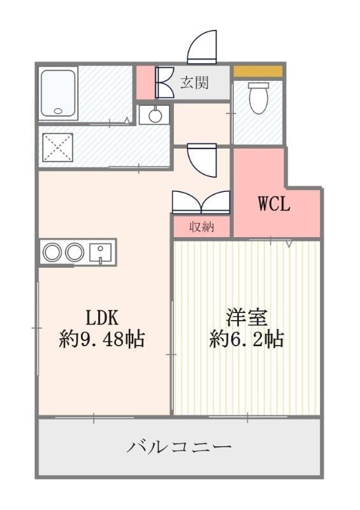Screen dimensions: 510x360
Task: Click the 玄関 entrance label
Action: click(194, 82)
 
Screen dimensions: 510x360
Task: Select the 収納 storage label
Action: click(201, 226)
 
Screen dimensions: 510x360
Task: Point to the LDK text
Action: click(102, 317)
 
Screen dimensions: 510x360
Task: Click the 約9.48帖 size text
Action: click(102, 339)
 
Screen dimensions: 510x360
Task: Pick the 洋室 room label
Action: click(247, 317)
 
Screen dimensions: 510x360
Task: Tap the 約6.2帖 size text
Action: click(247, 339)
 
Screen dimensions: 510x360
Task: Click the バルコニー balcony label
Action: click(178, 448)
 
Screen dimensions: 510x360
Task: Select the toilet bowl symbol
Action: click(257, 98)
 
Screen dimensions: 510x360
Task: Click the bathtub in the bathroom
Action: click(58, 93)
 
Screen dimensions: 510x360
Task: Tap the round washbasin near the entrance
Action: click(154, 115)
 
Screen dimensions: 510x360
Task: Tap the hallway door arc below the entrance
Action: click(202, 162)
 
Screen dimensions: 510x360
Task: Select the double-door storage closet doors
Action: click(201, 202)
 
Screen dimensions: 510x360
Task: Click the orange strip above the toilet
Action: click(257, 71)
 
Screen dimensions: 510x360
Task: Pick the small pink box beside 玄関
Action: click(146, 82)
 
